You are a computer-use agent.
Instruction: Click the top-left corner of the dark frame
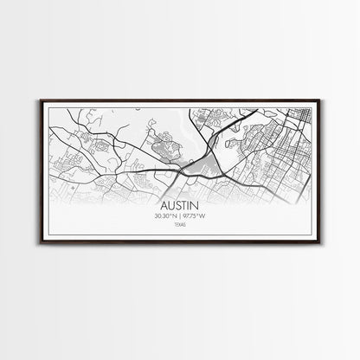pyautogui.click(x=40, y=100)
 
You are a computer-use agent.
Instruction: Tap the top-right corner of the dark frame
pyautogui.click(x=320, y=100)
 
